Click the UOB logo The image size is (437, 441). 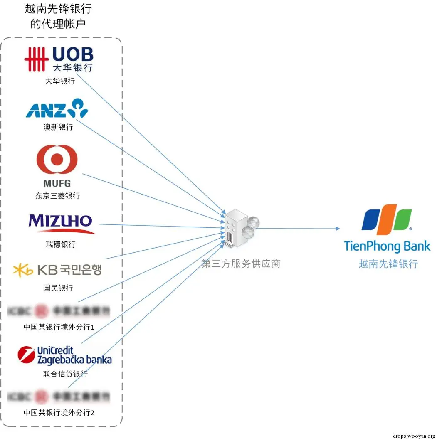(x=59, y=59)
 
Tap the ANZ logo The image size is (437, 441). (x=57, y=108)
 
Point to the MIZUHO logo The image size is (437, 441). (x=61, y=223)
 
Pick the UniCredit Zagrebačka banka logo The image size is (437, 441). (x=64, y=355)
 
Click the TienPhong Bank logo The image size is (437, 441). (x=387, y=228)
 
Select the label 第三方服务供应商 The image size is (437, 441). (x=241, y=264)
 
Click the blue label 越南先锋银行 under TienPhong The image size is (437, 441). (x=388, y=264)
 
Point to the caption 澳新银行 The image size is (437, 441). (x=58, y=127)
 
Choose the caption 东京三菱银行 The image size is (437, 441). (x=57, y=195)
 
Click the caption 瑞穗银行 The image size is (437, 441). (x=61, y=245)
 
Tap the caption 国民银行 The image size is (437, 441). (x=58, y=288)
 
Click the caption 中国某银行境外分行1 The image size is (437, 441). (x=59, y=327)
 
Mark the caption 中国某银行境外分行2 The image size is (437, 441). (x=59, y=413)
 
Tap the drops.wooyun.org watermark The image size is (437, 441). (x=413, y=436)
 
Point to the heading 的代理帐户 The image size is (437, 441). (x=58, y=24)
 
